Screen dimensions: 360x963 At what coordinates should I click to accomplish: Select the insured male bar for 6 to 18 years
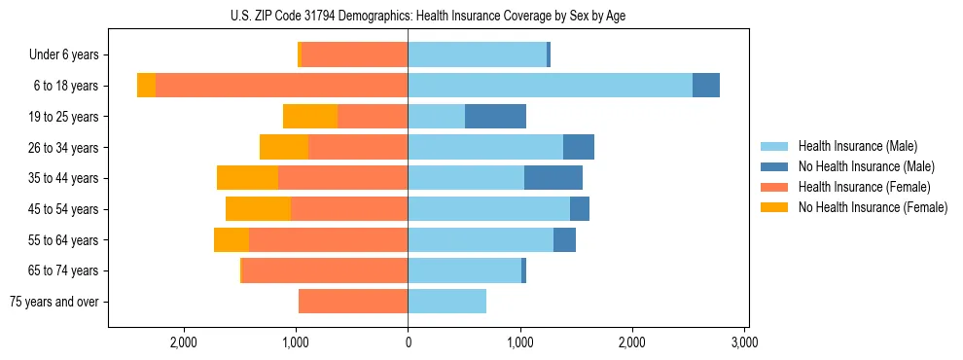(550, 86)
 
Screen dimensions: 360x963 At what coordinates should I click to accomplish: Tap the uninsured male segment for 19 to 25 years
(495, 117)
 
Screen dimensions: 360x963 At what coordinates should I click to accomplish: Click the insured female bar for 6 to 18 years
(281, 86)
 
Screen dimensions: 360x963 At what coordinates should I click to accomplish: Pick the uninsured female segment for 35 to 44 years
(247, 178)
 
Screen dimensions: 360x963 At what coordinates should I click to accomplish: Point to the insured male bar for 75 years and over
(446, 302)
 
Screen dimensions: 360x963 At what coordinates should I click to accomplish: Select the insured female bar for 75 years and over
(353, 302)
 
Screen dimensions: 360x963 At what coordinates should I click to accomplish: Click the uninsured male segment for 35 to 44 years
(553, 178)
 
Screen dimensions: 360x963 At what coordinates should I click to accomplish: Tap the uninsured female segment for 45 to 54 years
(258, 209)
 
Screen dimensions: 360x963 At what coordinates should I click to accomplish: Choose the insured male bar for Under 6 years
(477, 55)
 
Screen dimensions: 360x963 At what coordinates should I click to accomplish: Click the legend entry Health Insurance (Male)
(857, 146)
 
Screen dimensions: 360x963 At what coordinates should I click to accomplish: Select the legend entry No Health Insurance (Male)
(866, 166)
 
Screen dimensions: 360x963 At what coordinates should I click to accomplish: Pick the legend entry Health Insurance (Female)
(864, 187)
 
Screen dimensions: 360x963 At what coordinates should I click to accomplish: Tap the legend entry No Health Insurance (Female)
(872, 207)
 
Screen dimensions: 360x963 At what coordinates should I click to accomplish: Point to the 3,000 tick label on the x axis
(744, 342)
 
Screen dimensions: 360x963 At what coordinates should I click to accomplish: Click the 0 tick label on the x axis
(408, 342)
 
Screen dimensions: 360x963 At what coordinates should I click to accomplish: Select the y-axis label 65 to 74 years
(63, 270)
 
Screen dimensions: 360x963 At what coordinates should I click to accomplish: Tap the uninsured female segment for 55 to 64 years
(232, 240)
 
